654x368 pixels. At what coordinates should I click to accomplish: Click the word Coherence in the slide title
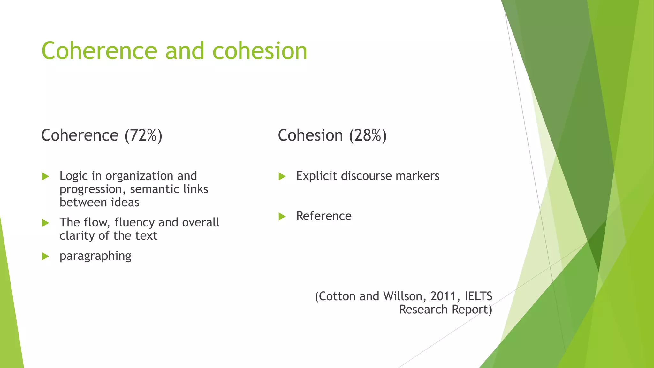click(x=99, y=51)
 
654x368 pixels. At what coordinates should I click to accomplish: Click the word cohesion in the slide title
click(x=260, y=51)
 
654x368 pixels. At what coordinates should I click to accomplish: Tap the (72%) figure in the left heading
click(x=143, y=135)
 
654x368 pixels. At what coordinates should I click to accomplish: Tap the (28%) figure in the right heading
click(x=368, y=135)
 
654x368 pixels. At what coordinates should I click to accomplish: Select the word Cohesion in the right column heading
click(x=310, y=135)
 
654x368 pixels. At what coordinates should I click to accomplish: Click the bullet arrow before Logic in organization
click(x=45, y=176)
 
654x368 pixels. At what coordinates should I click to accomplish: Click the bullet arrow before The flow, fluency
click(x=45, y=223)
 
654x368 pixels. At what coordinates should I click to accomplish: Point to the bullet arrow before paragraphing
click(x=45, y=256)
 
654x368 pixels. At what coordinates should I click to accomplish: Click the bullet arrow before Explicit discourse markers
click(x=282, y=176)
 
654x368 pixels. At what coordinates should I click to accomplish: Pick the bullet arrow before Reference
click(x=282, y=217)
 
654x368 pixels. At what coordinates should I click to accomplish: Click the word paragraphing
click(x=95, y=256)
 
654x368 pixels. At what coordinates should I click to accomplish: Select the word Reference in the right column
click(x=323, y=216)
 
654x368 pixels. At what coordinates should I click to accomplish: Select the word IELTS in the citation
click(x=478, y=296)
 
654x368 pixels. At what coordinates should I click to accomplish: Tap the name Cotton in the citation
click(x=338, y=296)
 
